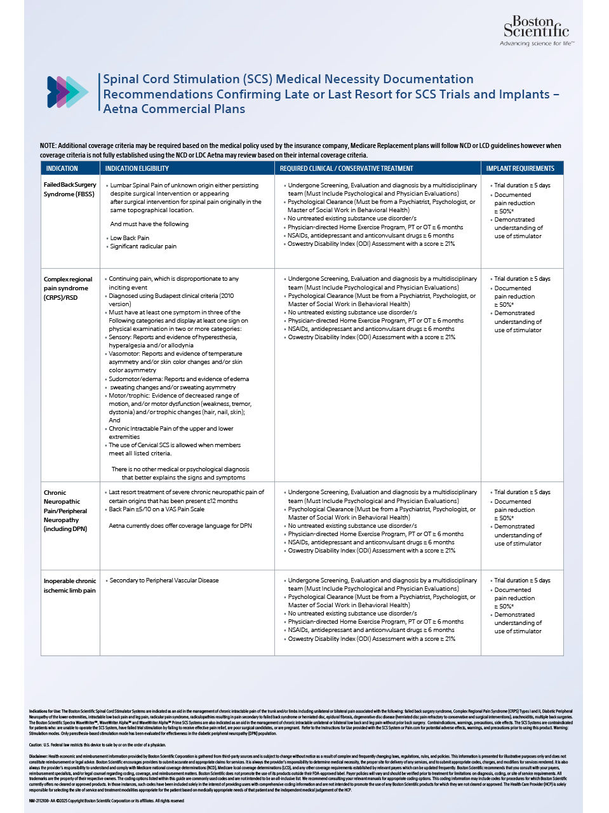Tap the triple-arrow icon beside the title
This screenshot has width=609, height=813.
click(x=67, y=91)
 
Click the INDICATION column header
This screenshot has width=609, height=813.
click(x=62, y=168)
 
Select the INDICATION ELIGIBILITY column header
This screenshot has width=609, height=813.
click(x=137, y=168)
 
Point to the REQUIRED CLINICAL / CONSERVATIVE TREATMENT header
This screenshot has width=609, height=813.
click(x=346, y=168)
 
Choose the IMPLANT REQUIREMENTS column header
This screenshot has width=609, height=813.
click(x=520, y=168)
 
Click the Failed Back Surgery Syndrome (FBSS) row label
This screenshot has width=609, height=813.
click(x=70, y=189)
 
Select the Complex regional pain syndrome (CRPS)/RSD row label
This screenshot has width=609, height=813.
click(x=68, y=288)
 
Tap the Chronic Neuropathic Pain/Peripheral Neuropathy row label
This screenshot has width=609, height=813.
click(x=65, y=511)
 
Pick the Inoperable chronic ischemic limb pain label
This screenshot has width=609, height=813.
click(x=70, y=586)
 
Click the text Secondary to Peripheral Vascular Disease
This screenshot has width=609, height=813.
click(x=164, y=581)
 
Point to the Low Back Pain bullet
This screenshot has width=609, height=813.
click(x=130, y=238)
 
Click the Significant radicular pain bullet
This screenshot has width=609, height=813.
click(x=143, y=246)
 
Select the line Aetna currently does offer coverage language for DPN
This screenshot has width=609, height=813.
click(x=180, y=526)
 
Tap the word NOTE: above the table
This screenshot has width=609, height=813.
click(x=48, y=146)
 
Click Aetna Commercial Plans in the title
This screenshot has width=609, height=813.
click(x=174, y=109)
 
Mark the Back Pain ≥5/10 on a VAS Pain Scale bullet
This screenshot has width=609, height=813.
click(x=156, y=509)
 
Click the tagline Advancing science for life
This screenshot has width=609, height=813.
click(x=537, y=44)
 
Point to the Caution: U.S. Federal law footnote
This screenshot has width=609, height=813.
click(x=97, y=745)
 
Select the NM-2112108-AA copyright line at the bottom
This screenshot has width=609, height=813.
click(x=107, y=801)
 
